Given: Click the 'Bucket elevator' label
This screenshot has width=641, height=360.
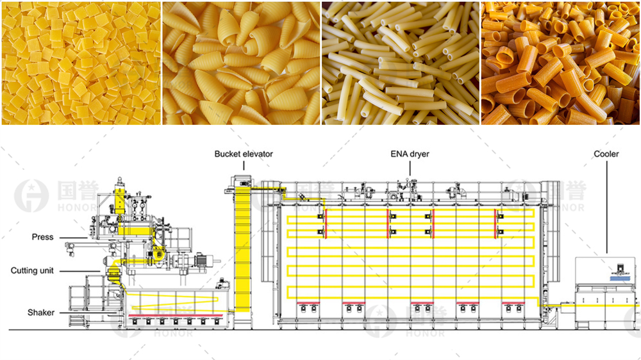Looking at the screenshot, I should point(244,154).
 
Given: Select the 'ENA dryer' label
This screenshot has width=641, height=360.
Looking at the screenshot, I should point(410,154).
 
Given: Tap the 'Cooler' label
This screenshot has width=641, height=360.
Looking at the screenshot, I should point(606,154).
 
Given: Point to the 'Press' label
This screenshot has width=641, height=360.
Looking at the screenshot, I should point(42,237).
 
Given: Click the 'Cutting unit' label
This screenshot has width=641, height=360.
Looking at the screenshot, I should point(32,271).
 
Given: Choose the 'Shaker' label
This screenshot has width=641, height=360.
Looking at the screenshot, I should point(40,313).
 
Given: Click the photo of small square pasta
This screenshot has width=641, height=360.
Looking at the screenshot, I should point(80,63).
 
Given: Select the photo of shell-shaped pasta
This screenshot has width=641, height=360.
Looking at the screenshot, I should point(240,63).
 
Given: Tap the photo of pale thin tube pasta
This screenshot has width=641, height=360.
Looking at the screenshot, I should point(400,63).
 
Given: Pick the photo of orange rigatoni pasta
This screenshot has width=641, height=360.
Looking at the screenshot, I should point(560,63).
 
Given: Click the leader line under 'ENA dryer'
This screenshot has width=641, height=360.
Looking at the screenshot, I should point(410,168).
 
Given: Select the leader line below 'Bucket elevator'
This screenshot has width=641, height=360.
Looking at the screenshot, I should point(244,165).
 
